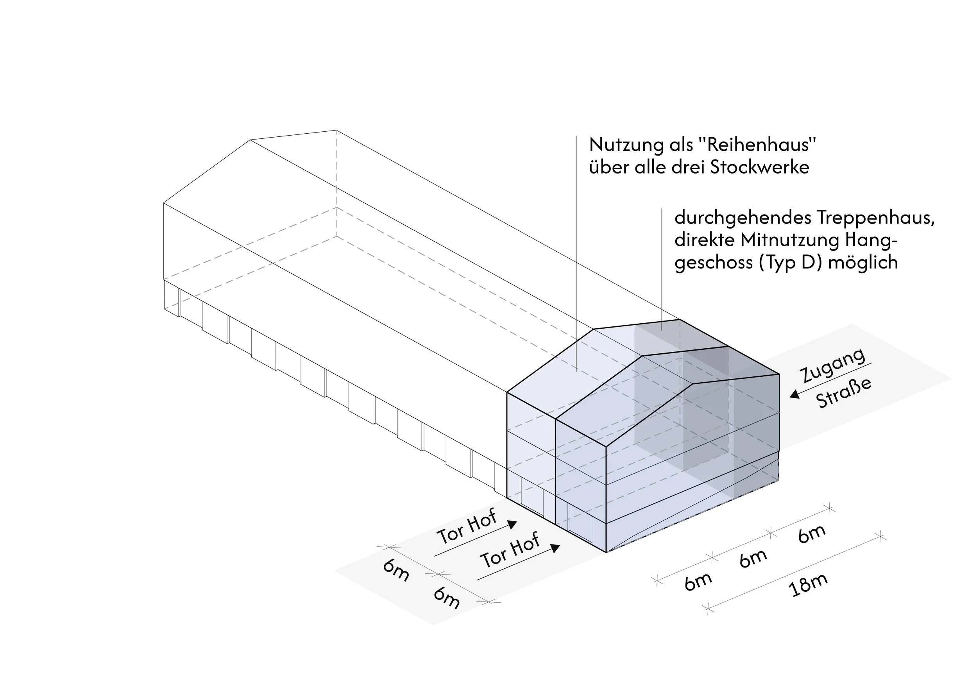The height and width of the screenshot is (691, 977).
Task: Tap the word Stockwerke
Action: pos(760,167)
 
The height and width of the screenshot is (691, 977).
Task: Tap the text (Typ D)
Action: pos(791,263)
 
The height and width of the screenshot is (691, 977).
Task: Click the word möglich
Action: pos(863,263)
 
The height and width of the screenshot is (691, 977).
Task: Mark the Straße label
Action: pos(844,394)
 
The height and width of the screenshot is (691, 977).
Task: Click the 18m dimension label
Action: pos(808,585)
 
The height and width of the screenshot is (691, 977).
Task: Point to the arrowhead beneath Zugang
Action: pos(794,395)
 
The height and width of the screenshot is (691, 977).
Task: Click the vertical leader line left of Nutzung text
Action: pos(576,255)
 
